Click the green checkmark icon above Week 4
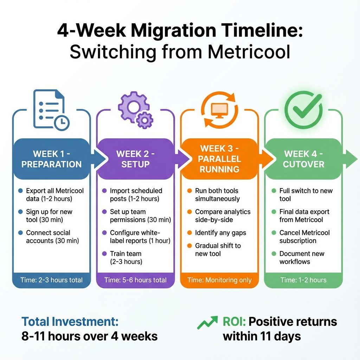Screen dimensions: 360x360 tap(303, 110)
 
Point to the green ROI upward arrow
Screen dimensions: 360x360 tap(207, 322)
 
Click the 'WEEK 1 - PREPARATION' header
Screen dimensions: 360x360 tap(51, 159)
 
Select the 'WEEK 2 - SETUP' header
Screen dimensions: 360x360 tap(135, 159)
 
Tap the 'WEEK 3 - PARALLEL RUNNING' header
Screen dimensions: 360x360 tap(219, 159)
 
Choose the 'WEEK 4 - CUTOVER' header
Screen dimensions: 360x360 tap(303, 159)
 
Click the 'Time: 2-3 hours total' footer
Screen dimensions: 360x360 tap(51, 280)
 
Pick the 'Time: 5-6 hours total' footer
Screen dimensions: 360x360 tap(135, 280)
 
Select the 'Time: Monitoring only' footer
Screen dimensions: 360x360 tap(219, 280)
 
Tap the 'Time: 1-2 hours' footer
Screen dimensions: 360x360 tap(303, 280)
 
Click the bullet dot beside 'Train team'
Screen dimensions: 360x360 tap(104, 253)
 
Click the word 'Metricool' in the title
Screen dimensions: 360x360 tap(249, 52)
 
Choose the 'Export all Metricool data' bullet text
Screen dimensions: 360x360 tap(55, 195)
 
